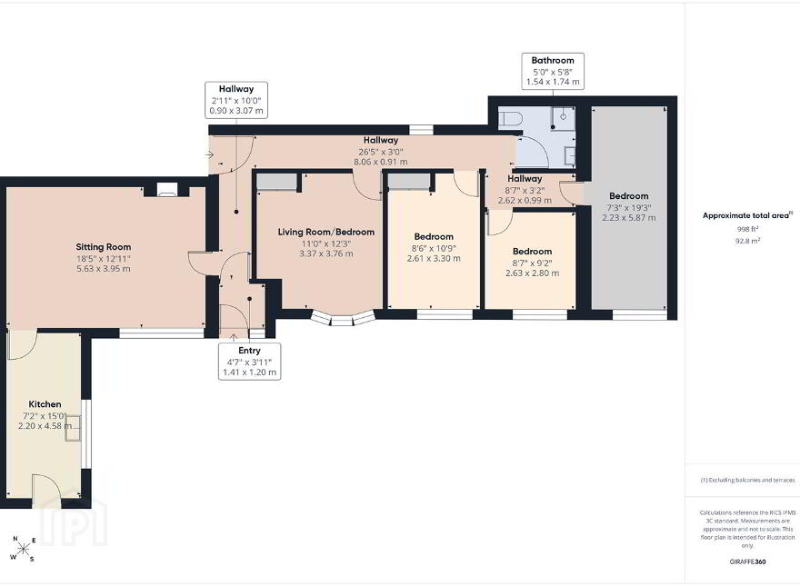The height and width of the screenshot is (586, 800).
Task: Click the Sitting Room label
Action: coord(104,247)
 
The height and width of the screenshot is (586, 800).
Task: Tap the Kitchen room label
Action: coord(45,404)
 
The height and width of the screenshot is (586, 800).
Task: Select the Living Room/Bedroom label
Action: coord(326,232)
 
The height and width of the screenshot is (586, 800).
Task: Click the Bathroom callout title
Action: coord(553,60)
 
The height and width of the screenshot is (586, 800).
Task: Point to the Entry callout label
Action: coord(249,351)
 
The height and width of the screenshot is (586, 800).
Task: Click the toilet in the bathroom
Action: coord(511,119)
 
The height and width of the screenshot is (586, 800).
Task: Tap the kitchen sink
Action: coord(73,428)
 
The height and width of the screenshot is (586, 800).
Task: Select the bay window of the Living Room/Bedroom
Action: coord(343,318)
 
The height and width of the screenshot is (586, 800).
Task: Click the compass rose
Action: coord(23,549)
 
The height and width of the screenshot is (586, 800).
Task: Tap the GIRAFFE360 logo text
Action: coord(747,562)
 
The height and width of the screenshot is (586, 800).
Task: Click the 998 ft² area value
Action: coord(747,229)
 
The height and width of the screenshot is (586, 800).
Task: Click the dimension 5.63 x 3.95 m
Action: coord(104,268)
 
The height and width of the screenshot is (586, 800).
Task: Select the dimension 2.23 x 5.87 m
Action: coord(628,218)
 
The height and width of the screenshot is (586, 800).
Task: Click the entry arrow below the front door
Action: coord(234,337)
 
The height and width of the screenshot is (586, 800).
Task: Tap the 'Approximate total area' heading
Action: coord(746,215)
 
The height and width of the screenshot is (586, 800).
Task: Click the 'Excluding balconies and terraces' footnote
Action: coord(747,480)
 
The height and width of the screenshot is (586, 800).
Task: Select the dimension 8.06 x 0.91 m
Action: coord(381,163)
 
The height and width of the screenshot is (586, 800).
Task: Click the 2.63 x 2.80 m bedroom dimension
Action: coord(532,273)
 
